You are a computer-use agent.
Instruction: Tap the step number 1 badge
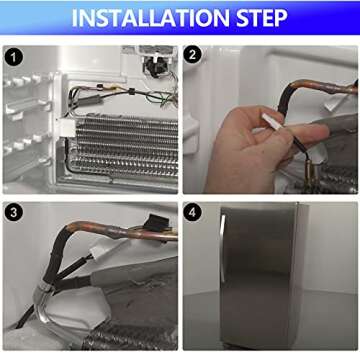pos(14,58)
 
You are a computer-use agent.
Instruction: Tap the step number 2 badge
pos(192,55)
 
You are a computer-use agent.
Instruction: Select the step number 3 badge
pos(14,213)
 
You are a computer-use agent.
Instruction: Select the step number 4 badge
pos(192,213)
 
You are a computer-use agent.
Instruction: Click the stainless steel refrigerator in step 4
pos(263,277)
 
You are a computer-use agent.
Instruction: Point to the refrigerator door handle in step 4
pos(222,248)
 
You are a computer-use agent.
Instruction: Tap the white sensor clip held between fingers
pos(272,123)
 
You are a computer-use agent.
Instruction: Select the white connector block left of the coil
pos(67,128)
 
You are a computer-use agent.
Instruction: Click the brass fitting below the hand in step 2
pos(309,173)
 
